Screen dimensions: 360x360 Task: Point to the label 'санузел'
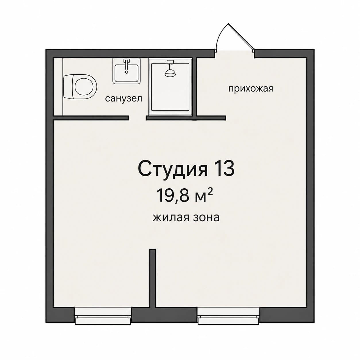point(124,98)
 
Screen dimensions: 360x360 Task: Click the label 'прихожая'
point(251,89)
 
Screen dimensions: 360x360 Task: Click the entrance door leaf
point(241,36)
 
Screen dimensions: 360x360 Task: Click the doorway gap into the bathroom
point(137,118)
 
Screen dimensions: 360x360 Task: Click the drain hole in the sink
point(127,72)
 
